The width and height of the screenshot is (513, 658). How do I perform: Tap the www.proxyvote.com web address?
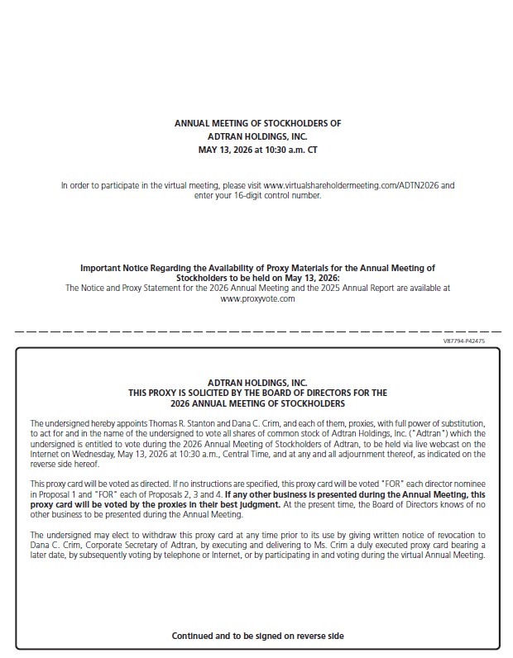257,298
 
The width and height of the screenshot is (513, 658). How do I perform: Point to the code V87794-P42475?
464,341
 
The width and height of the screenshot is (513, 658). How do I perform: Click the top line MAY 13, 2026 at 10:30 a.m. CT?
257,150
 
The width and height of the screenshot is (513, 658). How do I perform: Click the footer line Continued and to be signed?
257,636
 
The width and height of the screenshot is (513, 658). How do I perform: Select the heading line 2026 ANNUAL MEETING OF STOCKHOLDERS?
257,403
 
